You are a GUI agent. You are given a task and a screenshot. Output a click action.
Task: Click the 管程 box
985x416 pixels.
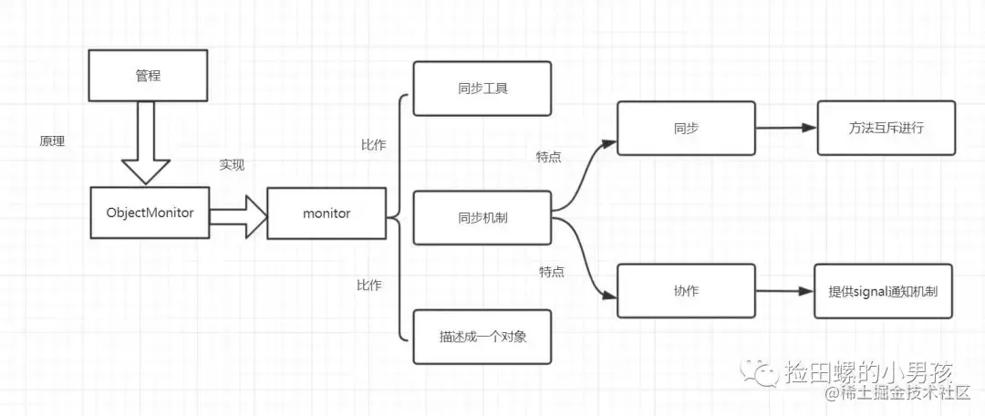click(x=146, y=76)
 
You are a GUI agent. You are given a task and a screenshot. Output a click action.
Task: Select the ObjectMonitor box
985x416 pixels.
click(x=150, y=213)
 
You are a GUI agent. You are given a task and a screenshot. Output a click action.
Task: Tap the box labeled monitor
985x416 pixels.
click(x=326, y=213)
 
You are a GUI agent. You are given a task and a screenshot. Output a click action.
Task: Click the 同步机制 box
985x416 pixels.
click(x=482, y=218)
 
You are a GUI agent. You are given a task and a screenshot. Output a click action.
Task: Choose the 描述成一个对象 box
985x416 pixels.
click(x=482, y=336)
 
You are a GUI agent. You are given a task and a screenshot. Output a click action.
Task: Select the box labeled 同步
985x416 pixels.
click(x=686, y=129)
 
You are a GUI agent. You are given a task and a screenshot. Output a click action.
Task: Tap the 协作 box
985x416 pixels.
click(x=686, y=291)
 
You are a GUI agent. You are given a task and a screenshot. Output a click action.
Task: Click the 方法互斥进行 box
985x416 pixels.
click(x=884, y=129)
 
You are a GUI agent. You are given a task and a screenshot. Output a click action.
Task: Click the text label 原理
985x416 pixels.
click(x=52, y=142)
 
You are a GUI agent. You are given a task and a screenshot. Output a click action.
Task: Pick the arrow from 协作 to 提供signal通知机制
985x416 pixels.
click(x=784, y=292)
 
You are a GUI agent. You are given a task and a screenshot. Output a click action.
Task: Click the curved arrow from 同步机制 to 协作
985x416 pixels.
click(x=584, y=260)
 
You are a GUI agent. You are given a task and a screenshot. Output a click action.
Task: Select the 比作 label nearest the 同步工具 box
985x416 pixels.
click(x=373, y=144)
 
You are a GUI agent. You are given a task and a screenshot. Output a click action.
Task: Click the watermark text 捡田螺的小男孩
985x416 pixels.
click(x=867, y=371)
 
